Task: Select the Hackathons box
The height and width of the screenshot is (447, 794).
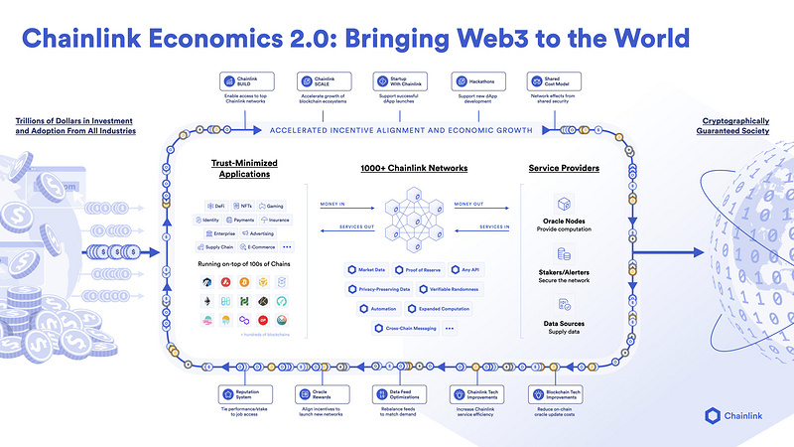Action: coord(474,80)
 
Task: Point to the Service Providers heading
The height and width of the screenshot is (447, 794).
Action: coord(563,169)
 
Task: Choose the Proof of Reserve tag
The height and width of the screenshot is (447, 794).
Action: coord(418,270)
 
